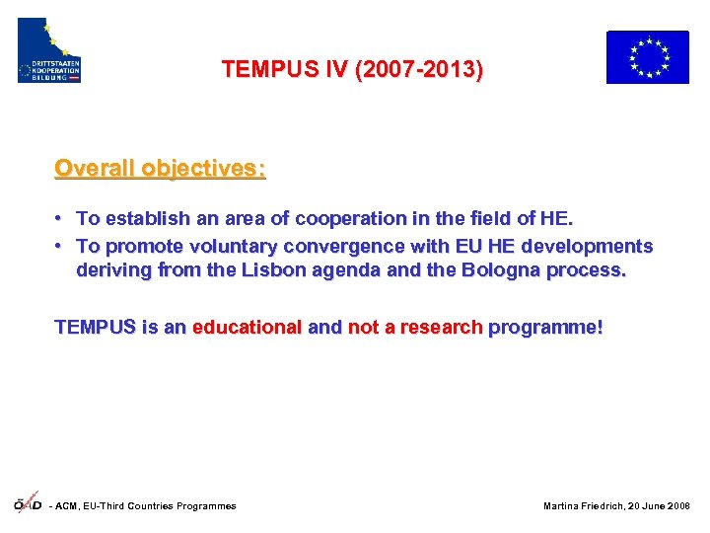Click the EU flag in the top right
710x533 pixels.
(x=647, y=57)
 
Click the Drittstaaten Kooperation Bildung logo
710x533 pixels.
(x=49, y=50)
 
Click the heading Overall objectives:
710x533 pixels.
(x=160, y=168)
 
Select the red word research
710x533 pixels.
(x=440, y=328)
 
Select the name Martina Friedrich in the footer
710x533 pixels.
(x=585, y=506)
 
